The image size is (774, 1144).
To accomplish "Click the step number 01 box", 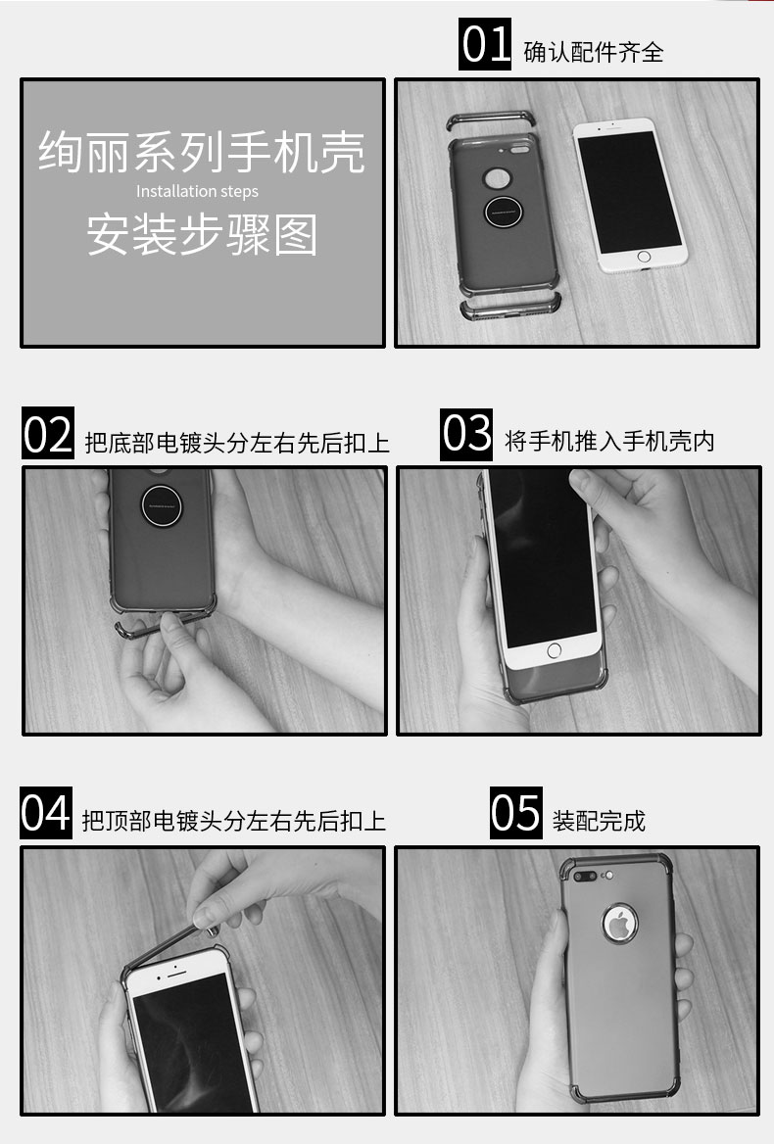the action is [x=484, y=44].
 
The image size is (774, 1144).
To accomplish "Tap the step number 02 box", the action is [x=47, y=433].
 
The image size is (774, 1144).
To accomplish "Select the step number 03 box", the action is [x=466, y=434].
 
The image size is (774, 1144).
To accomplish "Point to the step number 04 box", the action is [x=46, y=813].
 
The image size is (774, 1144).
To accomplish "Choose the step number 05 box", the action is [x=515, y=813].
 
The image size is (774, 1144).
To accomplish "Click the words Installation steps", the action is [x=197, y=191].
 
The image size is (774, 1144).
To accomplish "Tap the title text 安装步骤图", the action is [x=202, y=234].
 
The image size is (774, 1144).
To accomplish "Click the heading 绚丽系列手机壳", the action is [x=202, y=152].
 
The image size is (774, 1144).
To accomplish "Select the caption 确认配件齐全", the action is [x=593, y=52].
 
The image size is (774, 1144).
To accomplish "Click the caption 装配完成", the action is [x=599, y=821].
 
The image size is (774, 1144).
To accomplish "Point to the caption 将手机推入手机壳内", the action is [x=609, y=441].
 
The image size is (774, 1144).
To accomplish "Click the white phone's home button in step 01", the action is [x=644, y=257].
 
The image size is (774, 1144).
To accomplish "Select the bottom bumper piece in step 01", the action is [x=509, y=308].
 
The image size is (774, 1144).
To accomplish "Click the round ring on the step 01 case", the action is [x=504, y=213].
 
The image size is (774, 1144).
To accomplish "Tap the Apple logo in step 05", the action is [x=620, y=923].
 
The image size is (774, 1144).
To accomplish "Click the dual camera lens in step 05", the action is [x=585, y=876].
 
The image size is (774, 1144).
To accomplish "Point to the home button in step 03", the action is [x=554, y=650].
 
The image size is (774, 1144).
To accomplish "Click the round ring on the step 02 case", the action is [x=162, y=505].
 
